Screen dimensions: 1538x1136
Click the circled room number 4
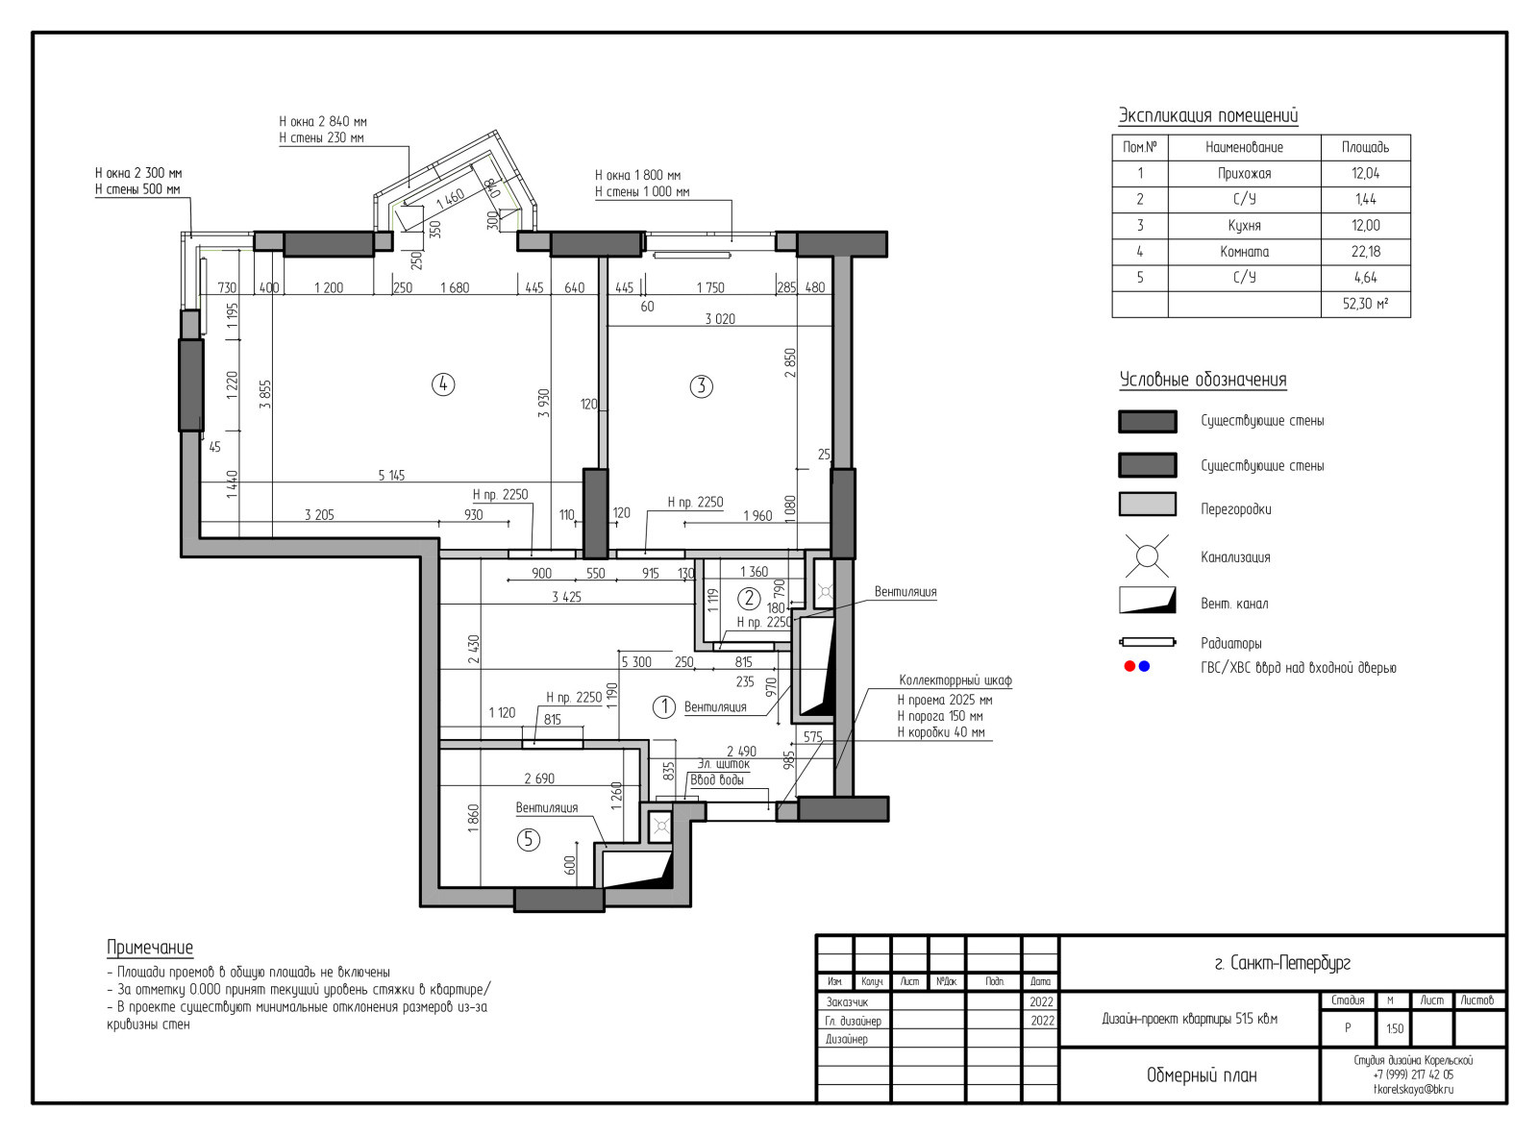443,383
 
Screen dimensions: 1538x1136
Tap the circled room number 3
701,385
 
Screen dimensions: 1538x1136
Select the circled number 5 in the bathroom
529,840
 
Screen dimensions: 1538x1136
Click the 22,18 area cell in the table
1365,252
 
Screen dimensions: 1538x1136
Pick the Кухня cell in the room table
1244,226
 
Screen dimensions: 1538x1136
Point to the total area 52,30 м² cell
1365,304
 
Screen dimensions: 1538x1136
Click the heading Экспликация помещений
1208,115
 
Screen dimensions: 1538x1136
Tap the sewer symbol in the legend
1147,556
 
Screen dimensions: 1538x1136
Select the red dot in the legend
1129,666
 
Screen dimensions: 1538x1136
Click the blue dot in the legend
1144,666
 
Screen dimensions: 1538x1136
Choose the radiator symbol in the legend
1147,642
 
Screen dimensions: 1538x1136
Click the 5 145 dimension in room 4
391,475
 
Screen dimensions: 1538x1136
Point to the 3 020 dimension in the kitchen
720,319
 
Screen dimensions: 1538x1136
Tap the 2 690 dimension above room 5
539,778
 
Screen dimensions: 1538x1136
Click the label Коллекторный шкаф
955,680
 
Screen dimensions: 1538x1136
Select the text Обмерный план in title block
1202,1075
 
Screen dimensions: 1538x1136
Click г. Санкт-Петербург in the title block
1283,963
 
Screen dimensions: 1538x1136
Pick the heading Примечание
150,948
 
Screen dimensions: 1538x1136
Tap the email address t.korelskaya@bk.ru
1413,1090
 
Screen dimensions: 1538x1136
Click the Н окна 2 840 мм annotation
323,122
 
